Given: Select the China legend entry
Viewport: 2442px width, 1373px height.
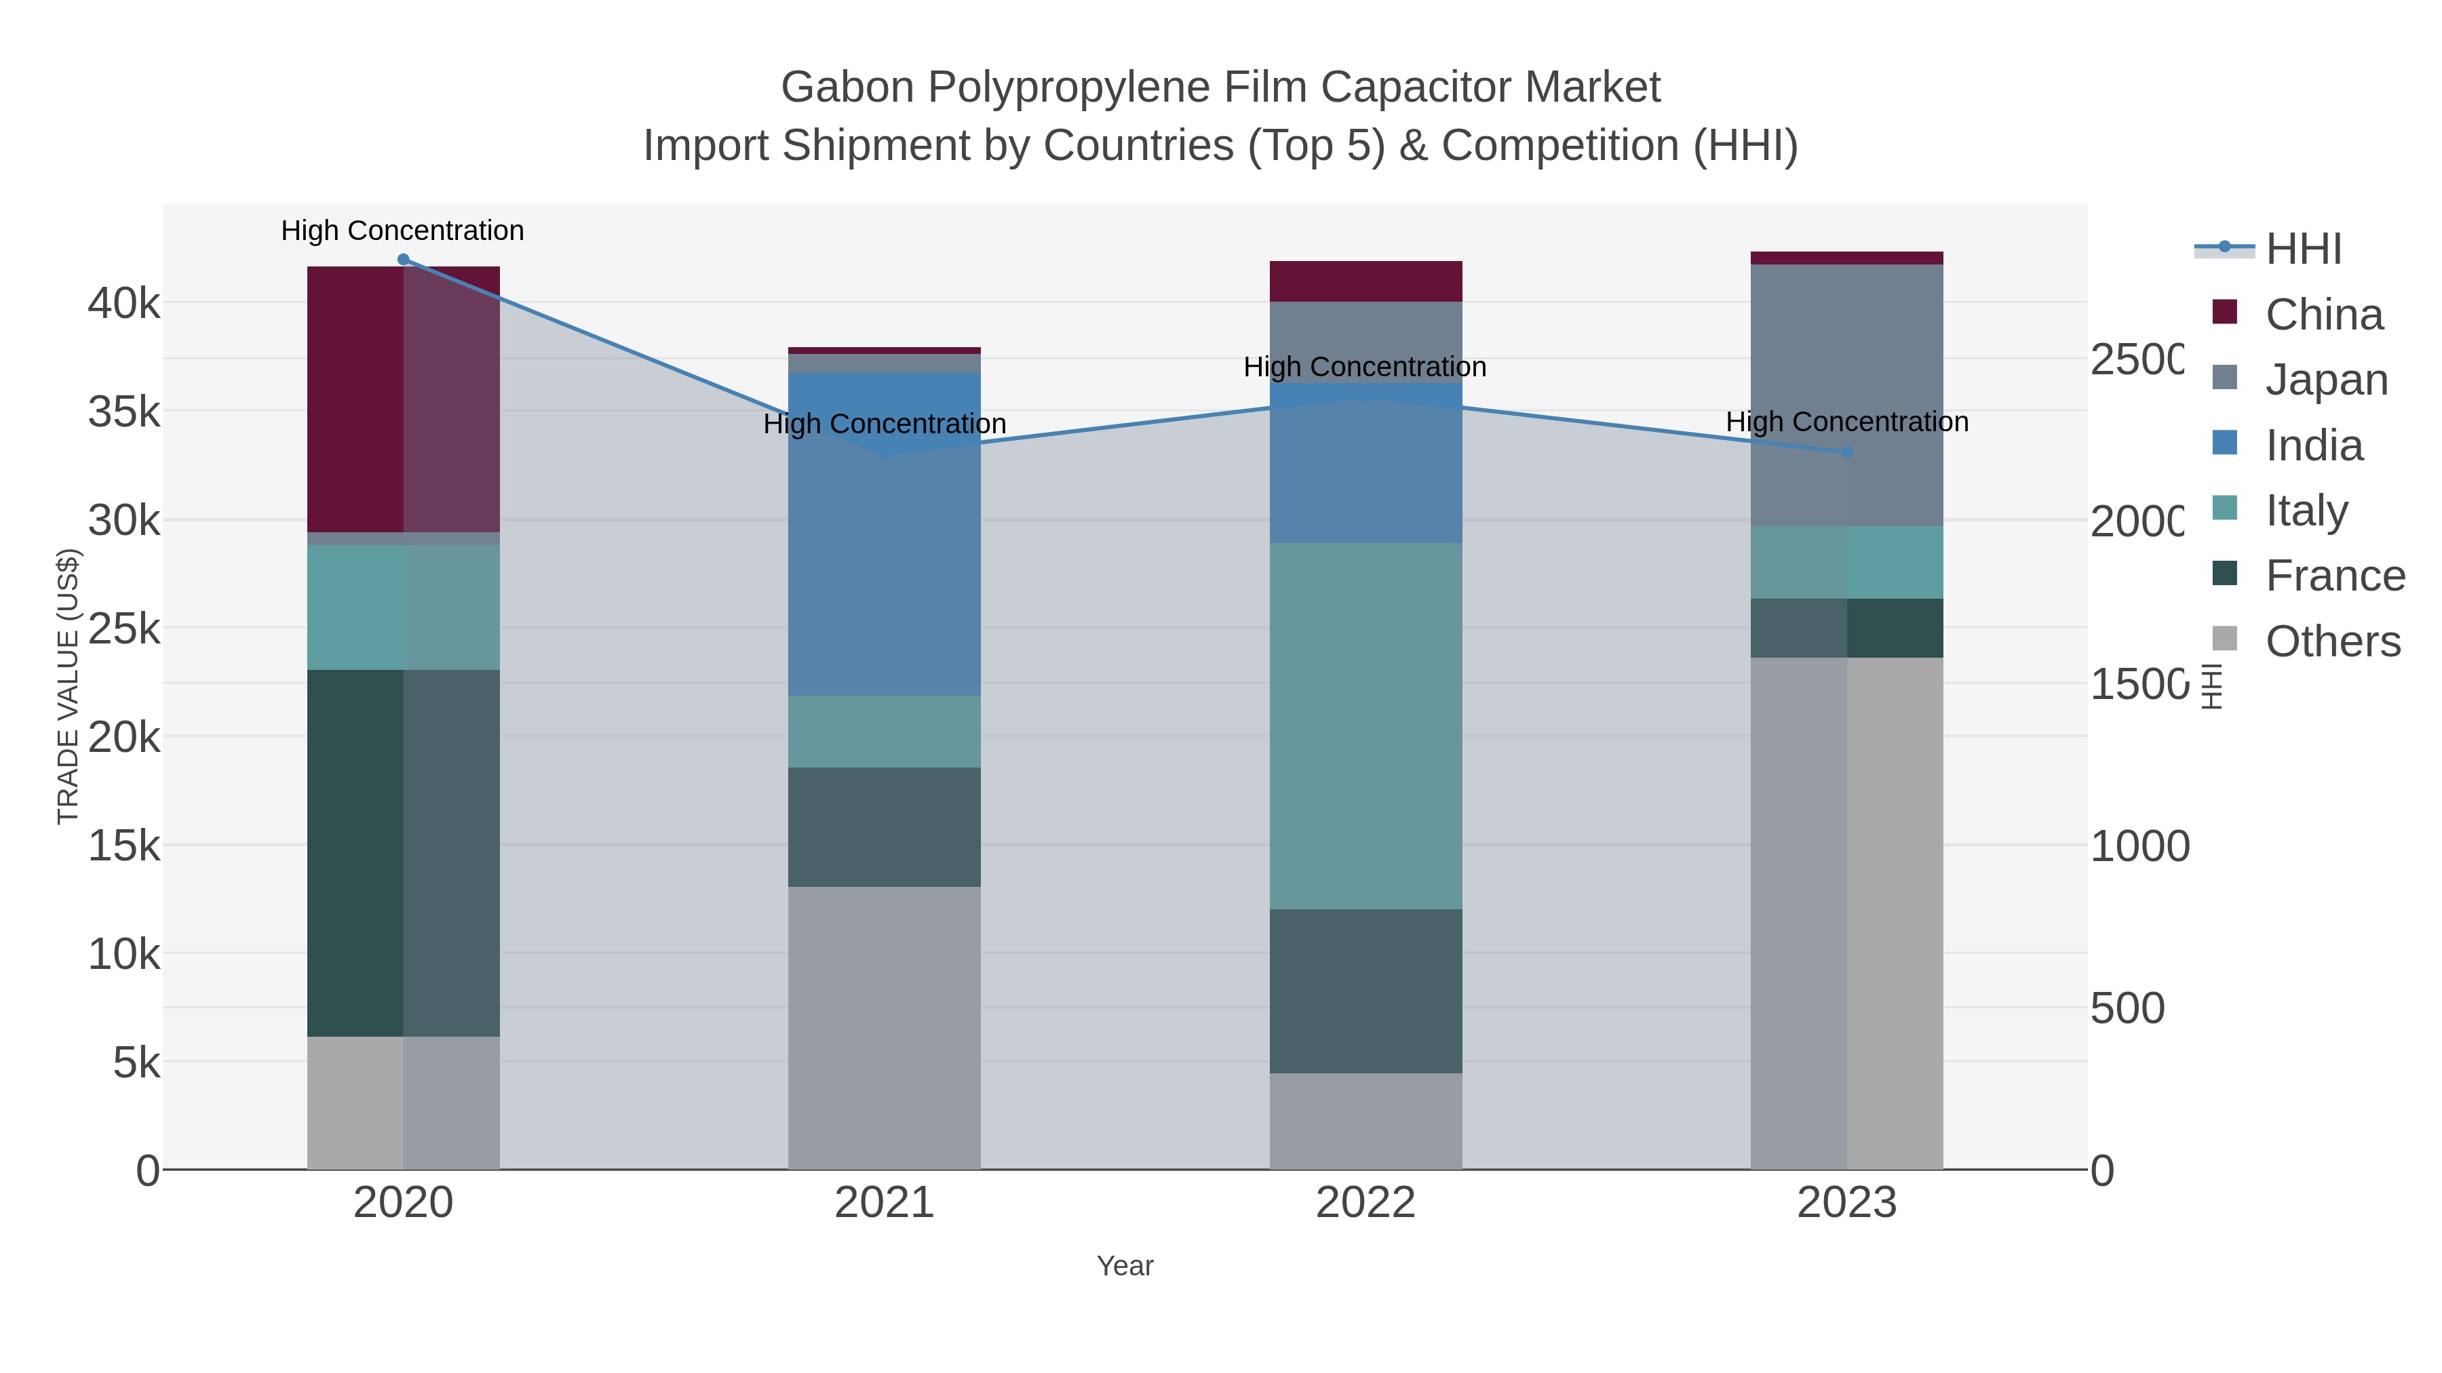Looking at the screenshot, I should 2323,315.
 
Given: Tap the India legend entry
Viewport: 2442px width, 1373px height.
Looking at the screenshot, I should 2314,445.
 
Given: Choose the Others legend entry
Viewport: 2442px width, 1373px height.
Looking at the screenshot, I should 2332,641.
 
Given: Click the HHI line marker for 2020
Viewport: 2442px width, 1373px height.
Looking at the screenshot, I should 403,260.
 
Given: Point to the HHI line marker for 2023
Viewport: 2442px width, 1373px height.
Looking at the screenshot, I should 1846,453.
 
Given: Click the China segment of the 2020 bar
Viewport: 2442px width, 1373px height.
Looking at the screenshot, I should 403,399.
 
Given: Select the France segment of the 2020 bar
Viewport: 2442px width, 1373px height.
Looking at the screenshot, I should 403,853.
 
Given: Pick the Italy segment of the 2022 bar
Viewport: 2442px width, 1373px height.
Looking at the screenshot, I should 1365,725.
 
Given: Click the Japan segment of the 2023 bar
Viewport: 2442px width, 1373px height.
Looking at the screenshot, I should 1846,395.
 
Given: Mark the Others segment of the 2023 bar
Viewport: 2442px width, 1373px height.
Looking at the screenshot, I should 1846,913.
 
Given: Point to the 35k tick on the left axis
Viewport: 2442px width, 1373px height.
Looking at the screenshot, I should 124,412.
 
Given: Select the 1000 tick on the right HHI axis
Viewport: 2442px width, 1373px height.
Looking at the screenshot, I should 2139,846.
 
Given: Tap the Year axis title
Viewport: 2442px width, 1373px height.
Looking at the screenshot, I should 1125,1266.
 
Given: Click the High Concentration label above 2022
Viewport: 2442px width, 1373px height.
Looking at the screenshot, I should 1364,367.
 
